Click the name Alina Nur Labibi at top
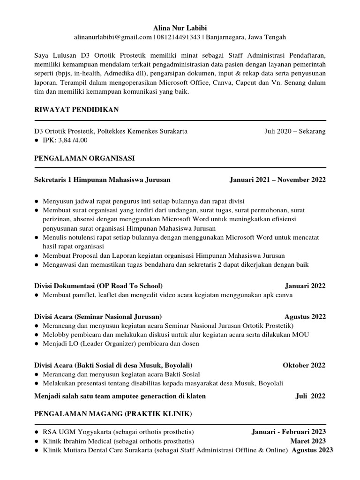[x=180, y=28]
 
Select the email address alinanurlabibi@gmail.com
[x=113, y=37]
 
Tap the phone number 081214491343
[x=177, y=37]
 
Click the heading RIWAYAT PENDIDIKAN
[x=76, y=110]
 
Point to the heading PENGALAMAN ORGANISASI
[x=84, y=158]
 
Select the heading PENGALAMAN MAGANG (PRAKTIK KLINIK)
[x=113, y=414]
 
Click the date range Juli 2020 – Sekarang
[x=295, y=131]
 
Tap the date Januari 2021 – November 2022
[x=277, y=180]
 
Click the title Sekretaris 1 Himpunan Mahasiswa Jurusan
[x=102, y=180]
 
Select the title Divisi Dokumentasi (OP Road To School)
[x=98, y=286]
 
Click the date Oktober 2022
[x=304, y=365]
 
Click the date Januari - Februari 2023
[x=288, y=432]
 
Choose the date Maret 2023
[x=307, y=441]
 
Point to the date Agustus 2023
[x=312, y=450]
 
